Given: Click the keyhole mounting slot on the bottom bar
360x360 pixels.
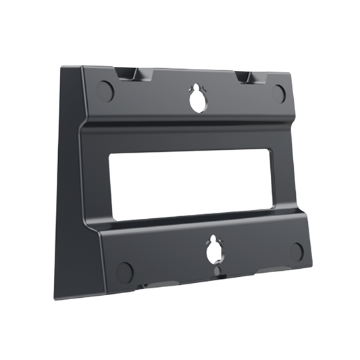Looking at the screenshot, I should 215,251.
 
